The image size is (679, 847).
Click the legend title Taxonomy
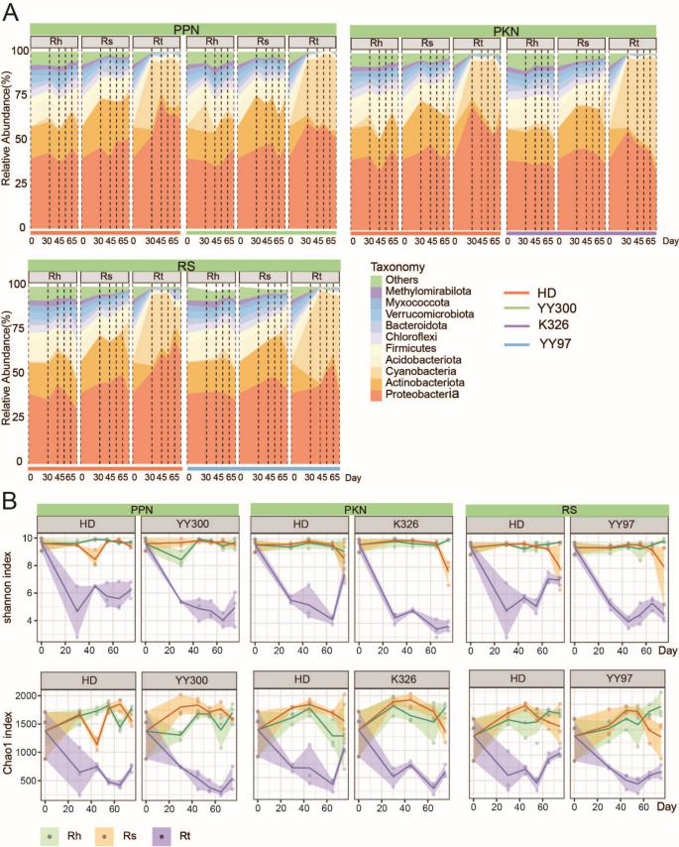[x=396, y=266]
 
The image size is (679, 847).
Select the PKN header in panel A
[x=505, y=31]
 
